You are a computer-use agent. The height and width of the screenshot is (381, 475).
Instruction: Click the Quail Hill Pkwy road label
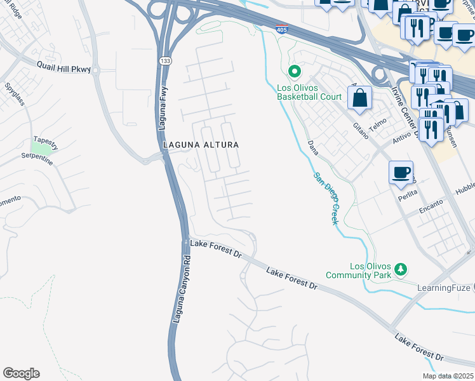tap(64, 69)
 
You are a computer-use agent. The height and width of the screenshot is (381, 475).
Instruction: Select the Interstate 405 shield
tap(281, 29)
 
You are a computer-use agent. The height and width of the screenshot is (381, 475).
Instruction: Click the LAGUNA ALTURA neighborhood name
tap(201, 145)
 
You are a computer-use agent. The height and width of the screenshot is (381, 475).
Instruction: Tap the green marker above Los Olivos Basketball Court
tap(294, 72)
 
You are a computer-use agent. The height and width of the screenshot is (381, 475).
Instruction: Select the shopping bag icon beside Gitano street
tap(359, 97)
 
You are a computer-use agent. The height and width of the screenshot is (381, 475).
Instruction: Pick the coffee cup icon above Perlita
tap(401, 172)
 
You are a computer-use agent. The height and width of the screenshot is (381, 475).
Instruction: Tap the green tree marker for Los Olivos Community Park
tap(401, 269)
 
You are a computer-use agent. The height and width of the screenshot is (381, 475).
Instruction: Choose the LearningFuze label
tap(443, 288)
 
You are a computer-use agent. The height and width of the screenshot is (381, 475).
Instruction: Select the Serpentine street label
tap(37, 157)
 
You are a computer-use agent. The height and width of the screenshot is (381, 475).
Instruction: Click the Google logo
tap(21, 373)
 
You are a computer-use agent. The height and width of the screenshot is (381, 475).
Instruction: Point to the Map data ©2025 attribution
tap(448, 376)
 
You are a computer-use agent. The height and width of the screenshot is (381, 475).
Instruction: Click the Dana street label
tap(312, 148)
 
